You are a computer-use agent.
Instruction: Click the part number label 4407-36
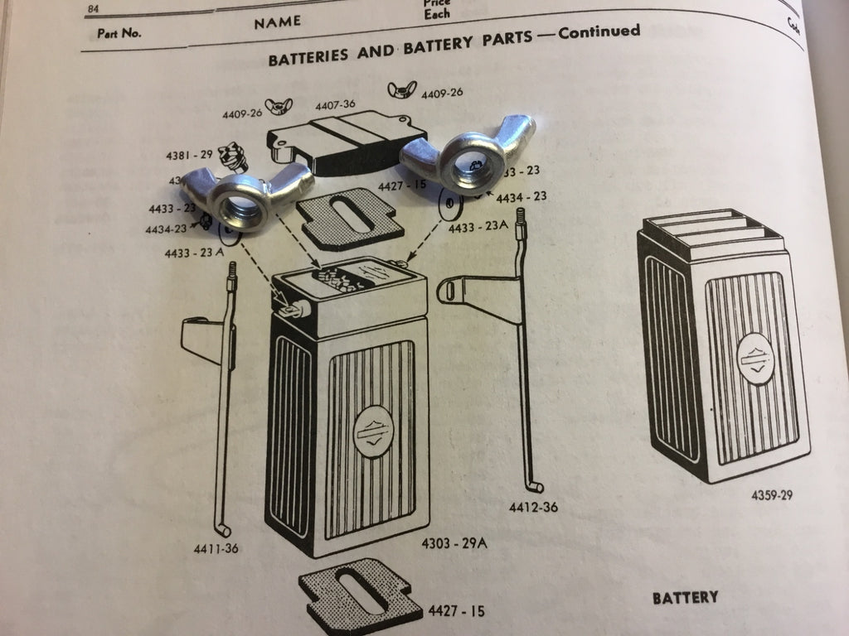pos(334,105)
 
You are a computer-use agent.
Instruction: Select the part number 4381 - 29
pos(189,155)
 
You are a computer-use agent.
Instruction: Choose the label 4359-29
pos(772,496)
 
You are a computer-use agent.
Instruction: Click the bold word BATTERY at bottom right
pos(685,597)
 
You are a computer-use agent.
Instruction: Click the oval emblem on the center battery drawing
pos(371,429)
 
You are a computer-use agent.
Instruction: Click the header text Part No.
pos(119,34)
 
